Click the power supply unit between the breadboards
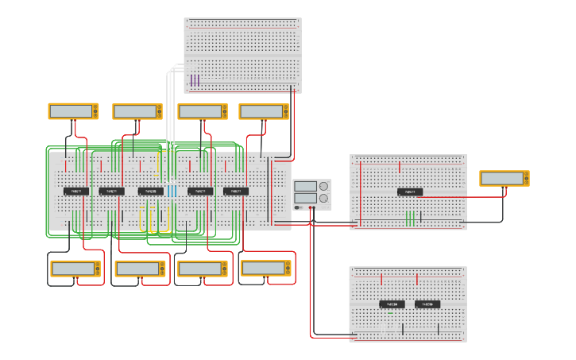pos(311,194)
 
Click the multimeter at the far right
pos(504,178)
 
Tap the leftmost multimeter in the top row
pos(73,110)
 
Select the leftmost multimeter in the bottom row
pos(75,269)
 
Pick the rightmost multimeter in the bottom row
pos(265,268)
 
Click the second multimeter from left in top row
pos(137,111)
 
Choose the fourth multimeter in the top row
pos(264,111)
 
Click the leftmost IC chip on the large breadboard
pos(76,191)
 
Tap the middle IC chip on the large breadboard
pos(151,191)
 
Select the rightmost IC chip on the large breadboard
pos(236,191)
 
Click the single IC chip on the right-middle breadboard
pos(410,192)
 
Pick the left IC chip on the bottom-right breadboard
pos(392,304)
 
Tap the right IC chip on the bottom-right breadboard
pos(427,304)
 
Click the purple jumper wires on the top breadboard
pos(195,80)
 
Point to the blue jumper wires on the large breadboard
pos(172,191)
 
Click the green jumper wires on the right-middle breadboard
pos(410,217)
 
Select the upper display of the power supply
pos(305,186)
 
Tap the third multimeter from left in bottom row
pos(202,269)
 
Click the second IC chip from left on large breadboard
pos(111,191)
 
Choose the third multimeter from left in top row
pos(202,111)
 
